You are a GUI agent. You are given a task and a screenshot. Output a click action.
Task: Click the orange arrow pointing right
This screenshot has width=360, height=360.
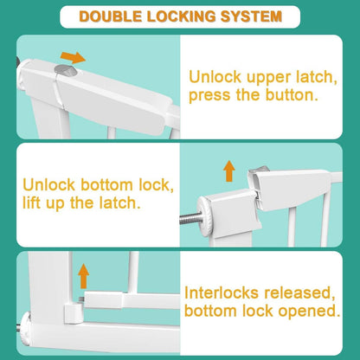pyautogui.click(x=73, y=57)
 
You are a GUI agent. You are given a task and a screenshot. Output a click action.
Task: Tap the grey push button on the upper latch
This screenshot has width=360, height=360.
pyautogui.click(x=65, y=70)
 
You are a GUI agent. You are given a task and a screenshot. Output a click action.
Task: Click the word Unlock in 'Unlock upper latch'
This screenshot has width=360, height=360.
pyautogui.click(x=215, y=77)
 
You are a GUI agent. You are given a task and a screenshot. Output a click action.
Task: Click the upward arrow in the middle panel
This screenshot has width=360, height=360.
pyautogui.click(x=229, y=171)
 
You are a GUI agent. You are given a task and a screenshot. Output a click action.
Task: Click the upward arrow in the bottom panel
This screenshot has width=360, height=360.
pyautogui.click(x=84, y=276)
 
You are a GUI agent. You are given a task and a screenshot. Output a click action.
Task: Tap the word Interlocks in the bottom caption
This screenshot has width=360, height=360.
pyautogui.click(x=222, y=292)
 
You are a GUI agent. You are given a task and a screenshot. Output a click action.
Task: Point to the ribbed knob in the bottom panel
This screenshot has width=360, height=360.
pyautogui.click(x=25, y=329)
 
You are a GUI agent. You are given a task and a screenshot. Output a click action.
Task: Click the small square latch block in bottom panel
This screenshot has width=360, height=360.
pyautogui.click(x=74, y=314)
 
